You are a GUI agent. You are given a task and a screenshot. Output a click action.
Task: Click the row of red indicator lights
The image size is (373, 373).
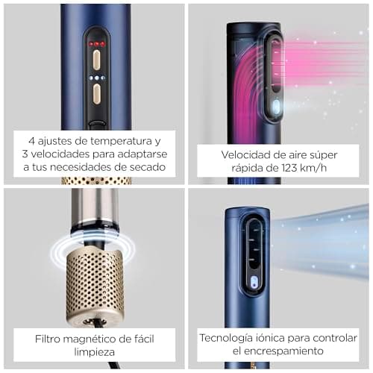pos(97,44)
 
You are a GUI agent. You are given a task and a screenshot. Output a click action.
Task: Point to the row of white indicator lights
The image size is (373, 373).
pos(97,77)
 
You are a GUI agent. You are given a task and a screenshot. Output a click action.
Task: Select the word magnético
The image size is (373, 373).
pos(97,337)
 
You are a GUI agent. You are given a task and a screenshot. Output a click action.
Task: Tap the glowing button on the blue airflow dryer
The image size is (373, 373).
pos(254,283)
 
